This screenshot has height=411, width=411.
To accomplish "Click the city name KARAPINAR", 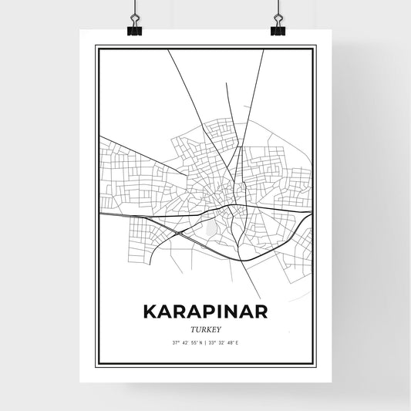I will pyautogui.click(x=205, y=312).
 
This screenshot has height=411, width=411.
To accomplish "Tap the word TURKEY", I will pyautogui.click(x=205, y=328).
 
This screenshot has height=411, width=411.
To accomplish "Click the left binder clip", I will pyautogui.click(x=135, y=27).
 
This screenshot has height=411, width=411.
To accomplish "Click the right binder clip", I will pyautogui.click(x=277, y=27).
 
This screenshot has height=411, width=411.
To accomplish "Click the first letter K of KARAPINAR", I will pyautogui.click(x=150, y=312).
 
